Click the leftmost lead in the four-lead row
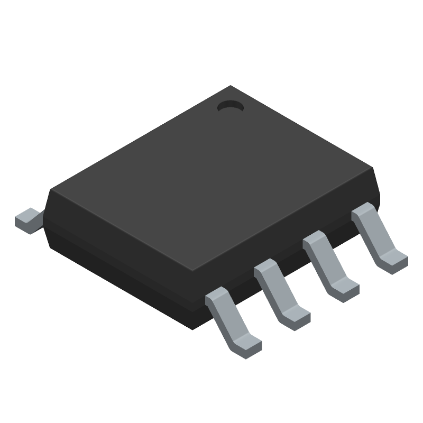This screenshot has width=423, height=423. [232, 320]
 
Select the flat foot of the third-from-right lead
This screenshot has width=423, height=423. [297, 316]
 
